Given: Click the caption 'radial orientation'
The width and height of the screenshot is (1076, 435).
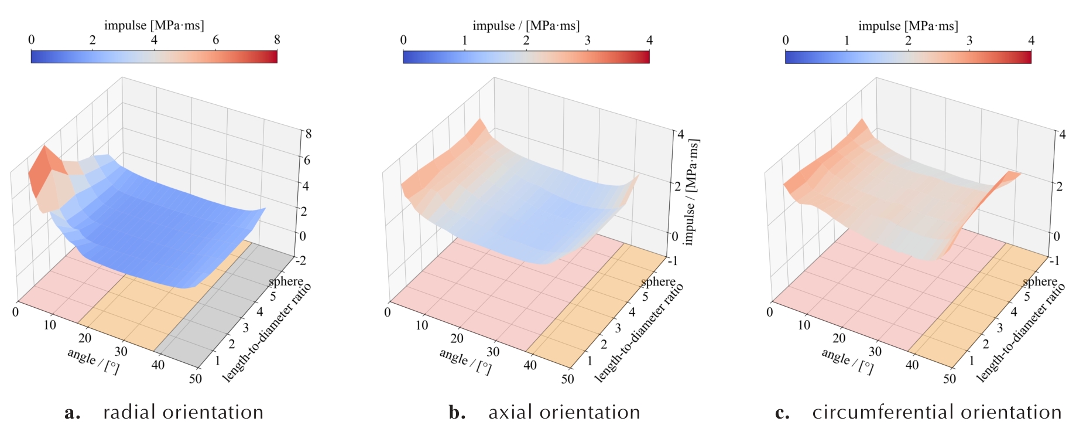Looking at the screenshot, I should click(x=183, y=412).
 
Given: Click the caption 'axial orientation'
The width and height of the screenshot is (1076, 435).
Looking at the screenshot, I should click(x=564, y=412).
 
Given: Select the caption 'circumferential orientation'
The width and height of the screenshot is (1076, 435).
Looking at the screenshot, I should click(x=937, y=412).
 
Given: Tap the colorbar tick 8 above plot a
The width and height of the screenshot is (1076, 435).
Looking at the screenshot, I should click(x=277, y=40).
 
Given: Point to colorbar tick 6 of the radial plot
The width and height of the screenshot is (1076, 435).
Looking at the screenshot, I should click(x=215, y=40).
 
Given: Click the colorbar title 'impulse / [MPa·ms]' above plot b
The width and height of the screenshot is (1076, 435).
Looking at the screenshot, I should click(x=526, y=26).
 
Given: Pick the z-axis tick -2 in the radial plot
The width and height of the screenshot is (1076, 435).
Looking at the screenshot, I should click(x=300, y=260).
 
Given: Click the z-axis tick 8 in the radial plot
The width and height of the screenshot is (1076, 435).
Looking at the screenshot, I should click(x=308, y=134).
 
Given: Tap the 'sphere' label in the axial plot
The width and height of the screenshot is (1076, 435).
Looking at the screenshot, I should click(x=658, y=282).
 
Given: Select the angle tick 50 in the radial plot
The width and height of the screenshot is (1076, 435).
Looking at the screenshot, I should click(x=195, y=379).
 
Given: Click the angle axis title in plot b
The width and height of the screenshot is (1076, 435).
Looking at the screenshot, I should click(x=465, y=360).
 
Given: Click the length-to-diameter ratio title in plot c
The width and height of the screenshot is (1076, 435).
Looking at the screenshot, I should click(x=1021, y=332).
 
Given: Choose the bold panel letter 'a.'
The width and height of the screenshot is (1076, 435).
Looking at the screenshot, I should click(x=73, y=413).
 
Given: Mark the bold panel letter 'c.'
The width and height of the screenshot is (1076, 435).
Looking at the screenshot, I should click(x=782, y=413).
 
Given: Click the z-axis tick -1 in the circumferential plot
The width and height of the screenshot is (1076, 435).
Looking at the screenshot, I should click(x=1054, y=260).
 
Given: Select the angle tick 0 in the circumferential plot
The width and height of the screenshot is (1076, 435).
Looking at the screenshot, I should click(x=769, y=312).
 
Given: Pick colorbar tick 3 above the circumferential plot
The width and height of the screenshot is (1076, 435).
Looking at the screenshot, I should click(x=969, y=40).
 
